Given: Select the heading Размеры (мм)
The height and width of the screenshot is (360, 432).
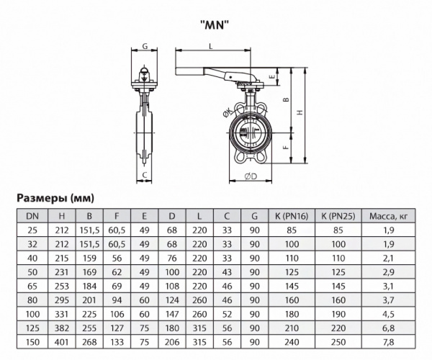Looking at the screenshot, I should coord(55,197).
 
